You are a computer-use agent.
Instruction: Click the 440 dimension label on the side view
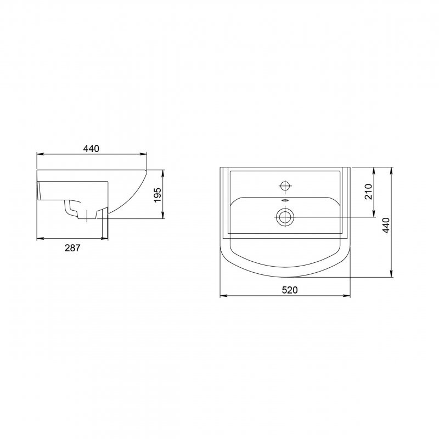[x=91, y=148]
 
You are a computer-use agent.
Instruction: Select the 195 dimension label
[x=157, y=195]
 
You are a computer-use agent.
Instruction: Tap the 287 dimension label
[x=72, y=248]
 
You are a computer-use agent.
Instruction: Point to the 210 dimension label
[x=368, y=192]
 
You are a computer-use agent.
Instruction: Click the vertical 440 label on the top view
[x=386, y=226]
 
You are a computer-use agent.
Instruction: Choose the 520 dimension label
[x=290, y=290]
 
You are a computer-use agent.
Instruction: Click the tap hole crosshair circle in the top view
[x=285, y=185]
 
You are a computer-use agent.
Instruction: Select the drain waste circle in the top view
[x=285, y=217]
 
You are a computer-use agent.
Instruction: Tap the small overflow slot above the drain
[x=285, y=200]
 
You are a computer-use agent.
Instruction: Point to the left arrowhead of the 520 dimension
[x=223, y=295]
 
